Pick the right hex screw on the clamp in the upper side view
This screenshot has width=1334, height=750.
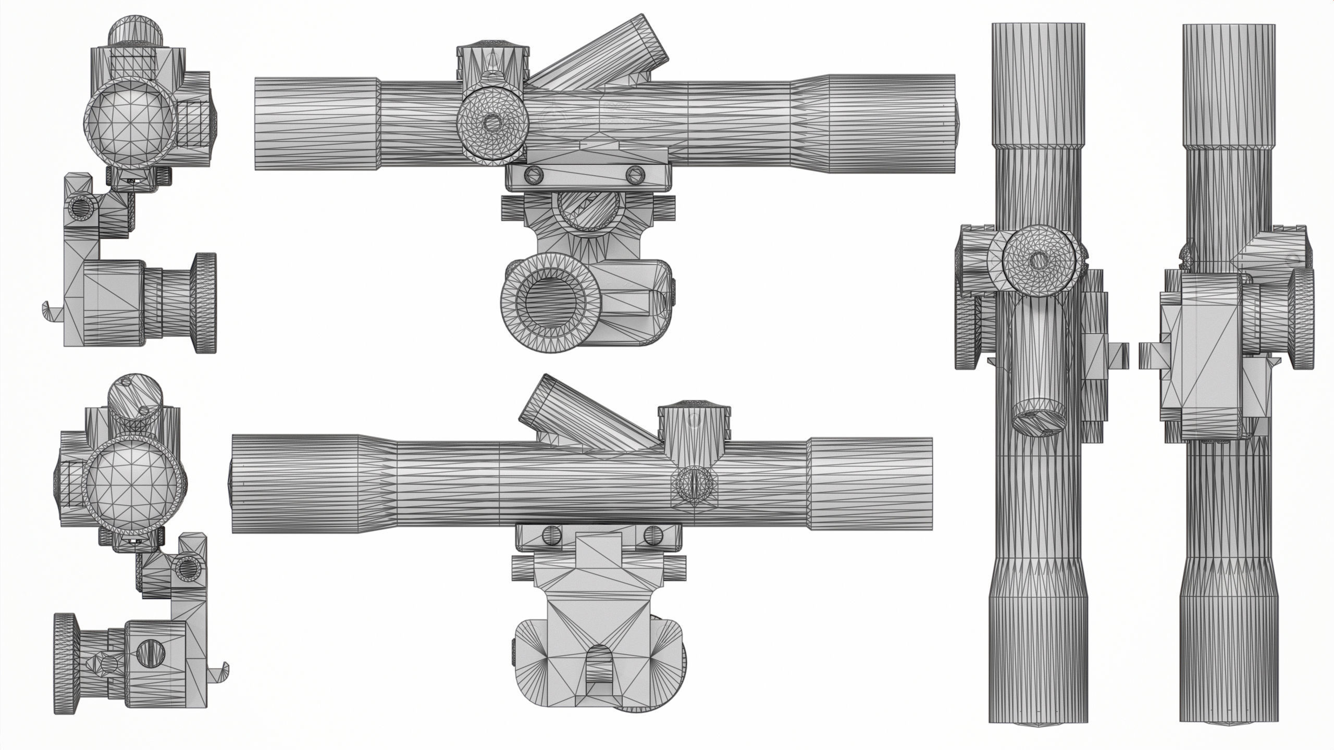coord(635,173)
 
